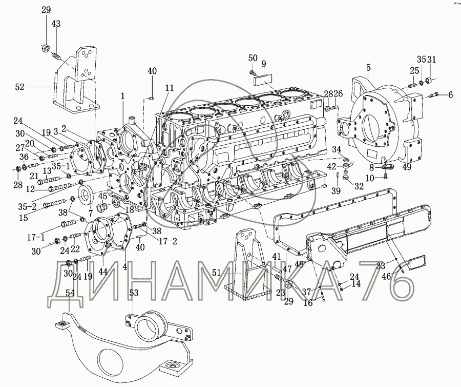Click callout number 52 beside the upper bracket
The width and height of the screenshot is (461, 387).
19,87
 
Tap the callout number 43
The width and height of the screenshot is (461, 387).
56,24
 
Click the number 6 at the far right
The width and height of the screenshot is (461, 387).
451,94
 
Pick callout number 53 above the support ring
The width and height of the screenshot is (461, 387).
134,293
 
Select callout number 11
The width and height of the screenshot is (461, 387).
170,88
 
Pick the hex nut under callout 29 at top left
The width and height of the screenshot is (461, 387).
45,50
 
